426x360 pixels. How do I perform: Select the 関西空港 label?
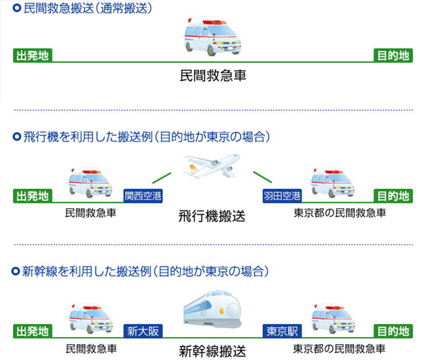pyautogui.click(x=143, y=196)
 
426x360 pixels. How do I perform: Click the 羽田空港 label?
pyautogui.click(x=282, y=196)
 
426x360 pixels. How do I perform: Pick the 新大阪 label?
pyautogui.click(x=143, y=332)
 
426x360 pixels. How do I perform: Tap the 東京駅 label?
pyautogui.click(x=282, y=332)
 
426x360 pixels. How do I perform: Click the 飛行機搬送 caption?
pyautogui.click(x=212, y=216)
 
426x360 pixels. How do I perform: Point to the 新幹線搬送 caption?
pyautogui.click(x=212, y=351)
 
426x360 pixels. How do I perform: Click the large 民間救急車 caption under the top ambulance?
pyautogui.click(x=212, y=77)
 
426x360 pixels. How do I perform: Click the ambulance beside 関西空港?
pyautogui.click(x=90, y=182)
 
